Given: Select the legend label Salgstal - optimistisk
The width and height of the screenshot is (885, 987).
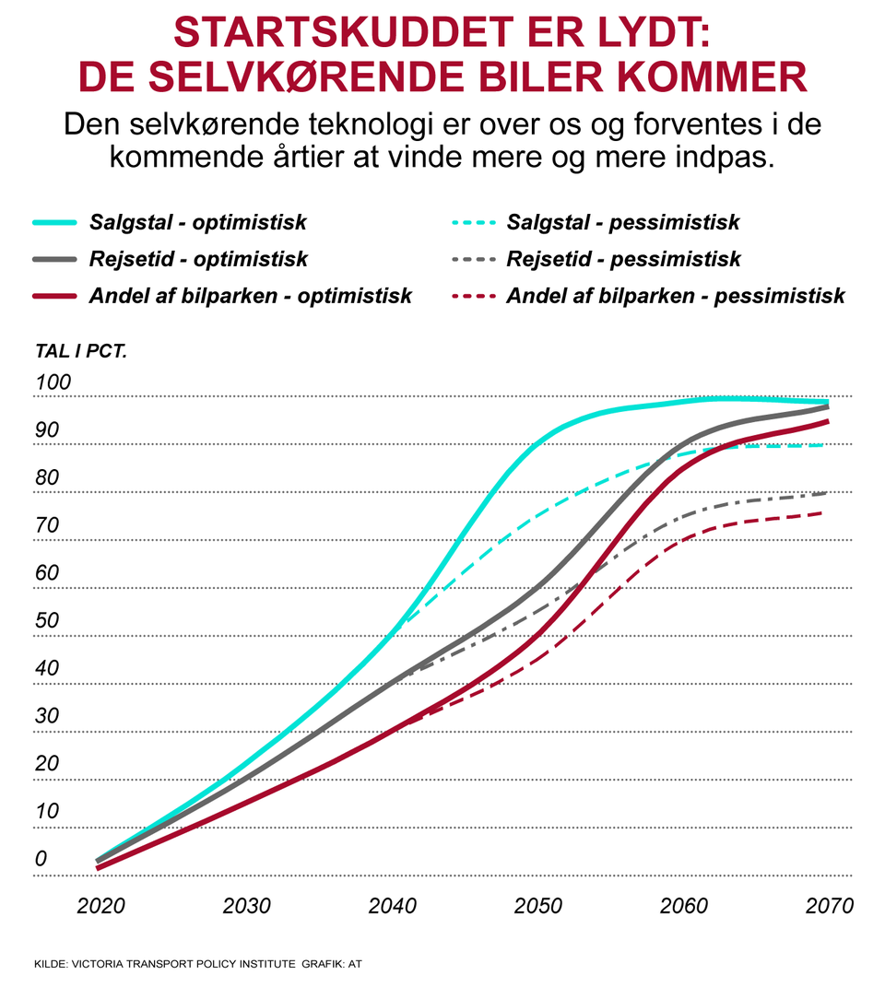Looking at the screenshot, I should click(198, 223).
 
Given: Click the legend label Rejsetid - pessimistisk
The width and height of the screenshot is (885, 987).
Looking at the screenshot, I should click(623, 260).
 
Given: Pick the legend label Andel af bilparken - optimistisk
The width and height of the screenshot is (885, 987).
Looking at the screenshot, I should click(251, 297).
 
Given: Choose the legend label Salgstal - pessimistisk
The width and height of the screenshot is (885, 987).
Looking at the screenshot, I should click(623, 223).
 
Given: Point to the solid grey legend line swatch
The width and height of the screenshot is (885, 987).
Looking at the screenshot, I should click(55, 260).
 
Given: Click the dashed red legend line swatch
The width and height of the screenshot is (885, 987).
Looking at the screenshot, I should click(473, 297).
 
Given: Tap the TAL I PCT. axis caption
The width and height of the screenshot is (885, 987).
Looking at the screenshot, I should click(80, 351).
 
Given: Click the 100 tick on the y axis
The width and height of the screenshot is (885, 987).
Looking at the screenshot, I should click(53, 382).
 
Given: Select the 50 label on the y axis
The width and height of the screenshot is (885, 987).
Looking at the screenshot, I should click(47, 620).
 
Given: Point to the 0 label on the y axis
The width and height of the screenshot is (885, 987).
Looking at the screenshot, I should click(41, 859).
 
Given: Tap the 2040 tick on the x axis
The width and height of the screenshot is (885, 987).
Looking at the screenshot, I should click(393, 905).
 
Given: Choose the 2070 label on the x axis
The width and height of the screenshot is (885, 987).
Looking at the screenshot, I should click(829, 905).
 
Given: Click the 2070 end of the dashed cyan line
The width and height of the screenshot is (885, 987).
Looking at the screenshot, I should click(826, 445).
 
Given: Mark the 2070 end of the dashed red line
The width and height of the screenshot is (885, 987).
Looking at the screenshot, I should click(826, 512).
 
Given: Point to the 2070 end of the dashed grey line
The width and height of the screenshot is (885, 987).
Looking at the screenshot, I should click(826, 493).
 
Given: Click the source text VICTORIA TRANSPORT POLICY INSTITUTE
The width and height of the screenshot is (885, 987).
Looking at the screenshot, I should click(184, 963).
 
